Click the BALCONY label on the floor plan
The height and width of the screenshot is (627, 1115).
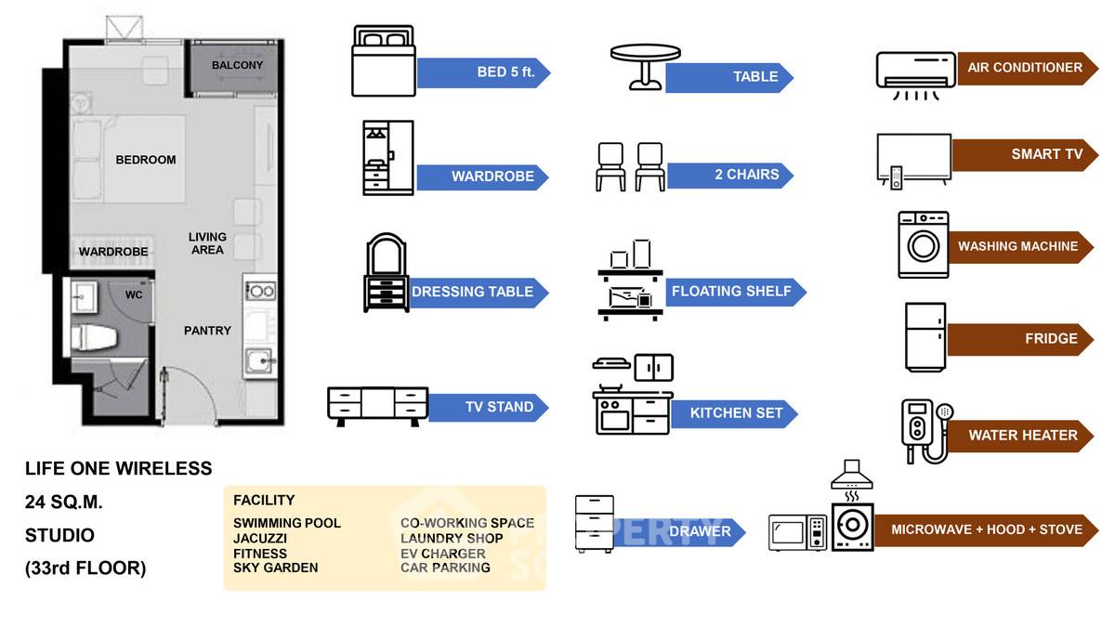point(237,66)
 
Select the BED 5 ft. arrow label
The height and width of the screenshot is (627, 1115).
point(483,72)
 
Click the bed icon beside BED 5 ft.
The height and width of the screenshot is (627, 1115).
point(383,61)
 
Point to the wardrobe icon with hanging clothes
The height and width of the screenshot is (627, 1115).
point(387,157)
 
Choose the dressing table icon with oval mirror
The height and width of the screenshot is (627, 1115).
point(386,273)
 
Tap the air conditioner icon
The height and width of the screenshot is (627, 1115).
point(916,74)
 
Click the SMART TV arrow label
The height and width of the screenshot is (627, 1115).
point(1022,154)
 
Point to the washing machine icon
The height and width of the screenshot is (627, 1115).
point(923,245)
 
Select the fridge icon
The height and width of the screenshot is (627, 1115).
point(925,338)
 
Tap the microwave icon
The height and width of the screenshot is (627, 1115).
point(797,532)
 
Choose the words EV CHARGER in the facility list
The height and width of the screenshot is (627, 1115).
point(443,554)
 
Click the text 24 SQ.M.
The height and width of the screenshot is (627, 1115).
point(64,503)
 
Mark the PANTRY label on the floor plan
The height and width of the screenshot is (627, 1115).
point(207,331)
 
